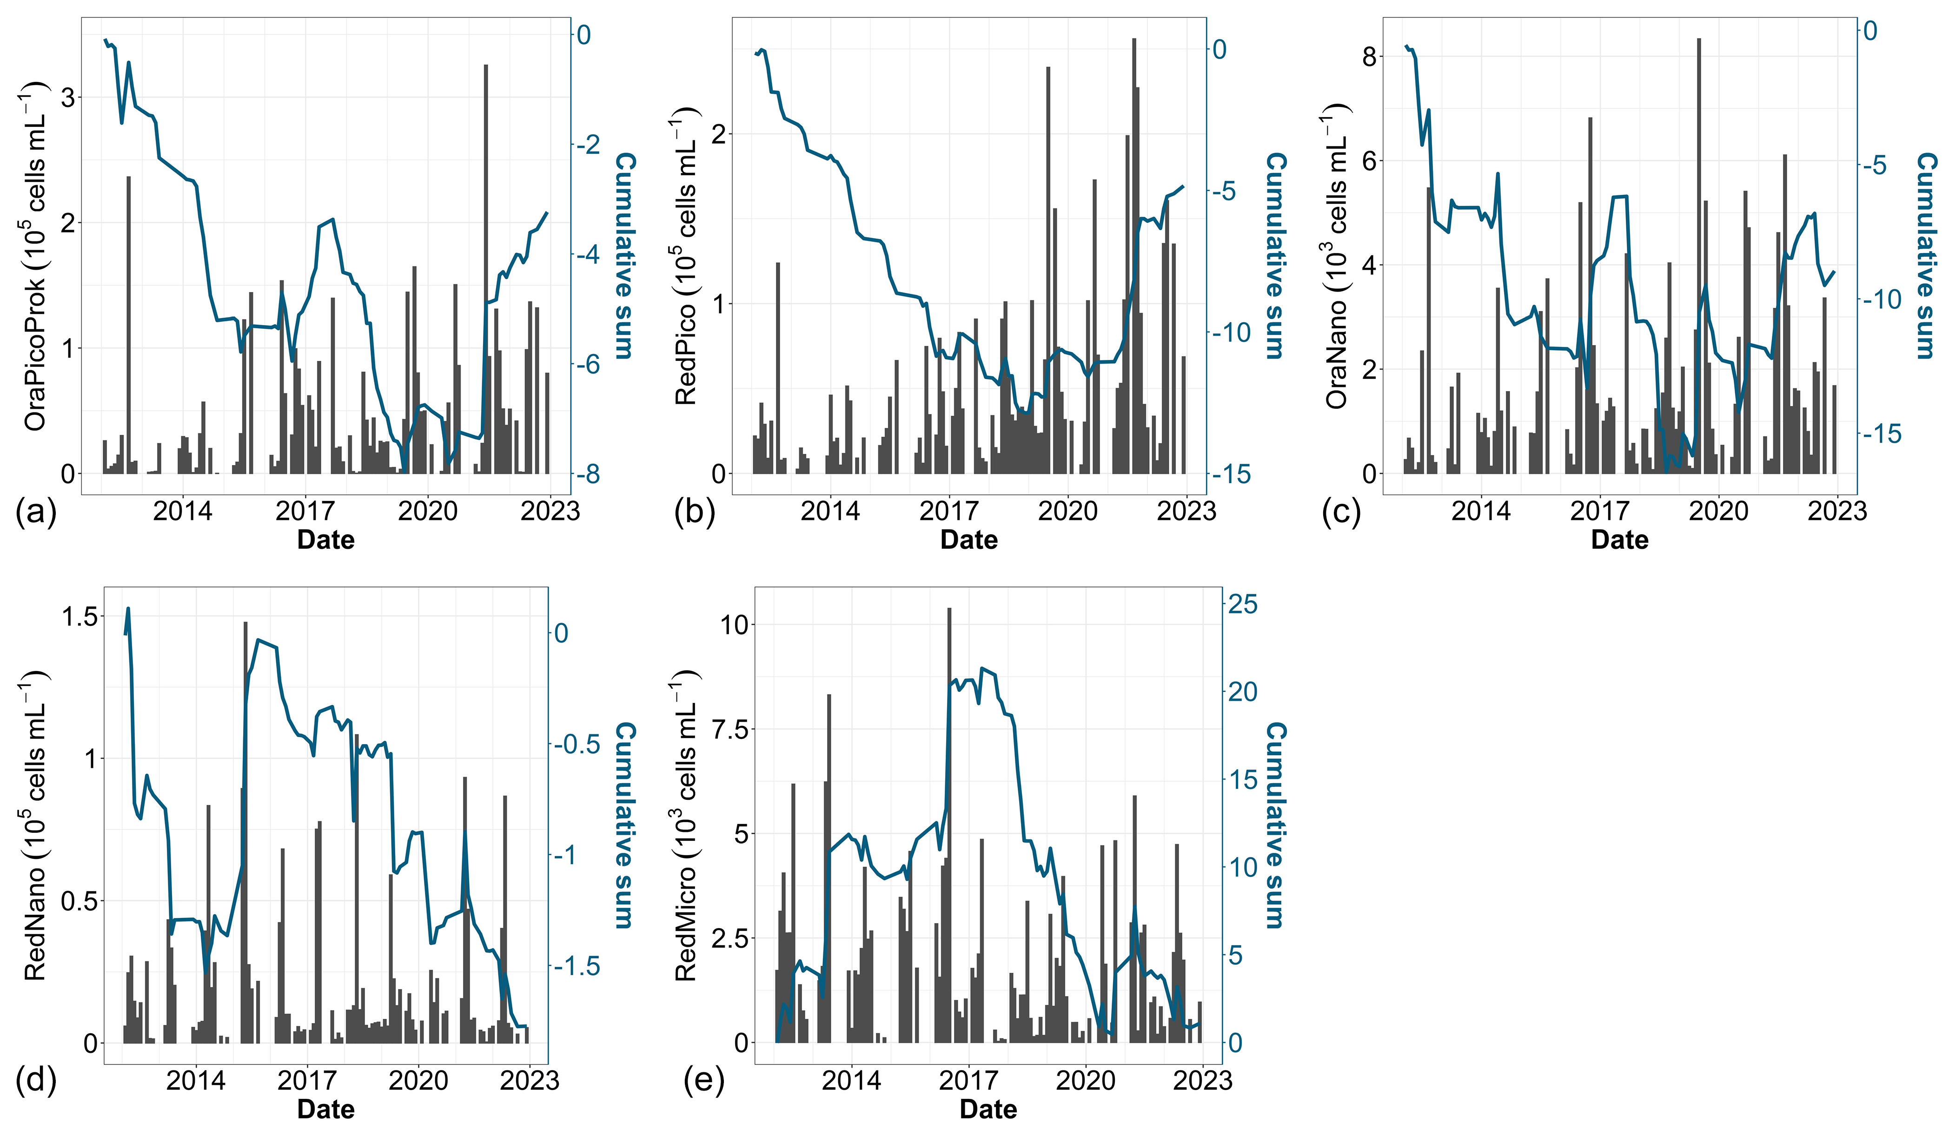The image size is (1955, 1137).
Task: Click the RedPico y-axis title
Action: [686, 256]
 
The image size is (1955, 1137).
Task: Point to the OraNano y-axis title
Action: [1336, 256]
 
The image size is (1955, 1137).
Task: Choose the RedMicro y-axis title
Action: [686, 826]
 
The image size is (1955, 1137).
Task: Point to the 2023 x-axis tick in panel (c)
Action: [1837, 511]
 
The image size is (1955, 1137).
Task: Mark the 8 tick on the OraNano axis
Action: [1369, 57]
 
